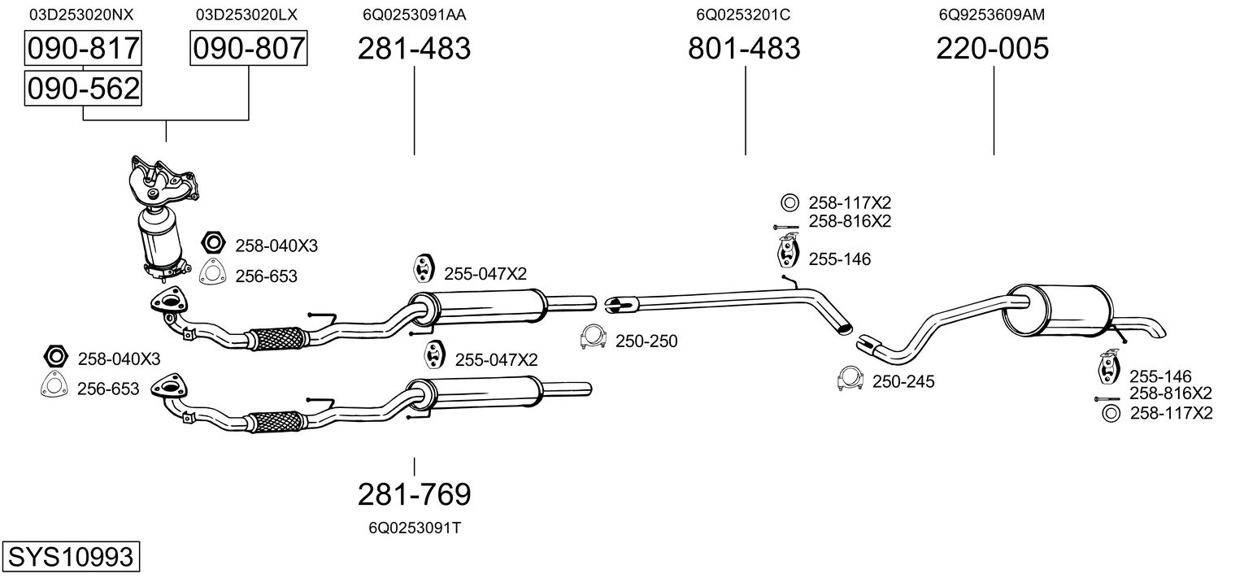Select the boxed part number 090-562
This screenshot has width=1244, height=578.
pos(83,88)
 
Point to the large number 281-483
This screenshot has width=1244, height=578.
pos(414,49)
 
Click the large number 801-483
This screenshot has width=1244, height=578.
pos(744,49)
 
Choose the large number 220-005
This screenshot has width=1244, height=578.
pos(992,49)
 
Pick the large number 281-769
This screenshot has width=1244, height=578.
pos(414,493)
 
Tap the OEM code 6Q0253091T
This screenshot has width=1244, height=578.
pos(414,528)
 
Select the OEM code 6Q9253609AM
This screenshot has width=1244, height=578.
pos(991,15)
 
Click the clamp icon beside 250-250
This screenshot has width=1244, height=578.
pos(592,337)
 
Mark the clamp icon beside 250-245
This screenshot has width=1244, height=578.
pos(850,378)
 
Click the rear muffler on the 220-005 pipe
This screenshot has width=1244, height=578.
pos(1055,310)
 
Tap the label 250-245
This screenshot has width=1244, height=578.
pos(903,381)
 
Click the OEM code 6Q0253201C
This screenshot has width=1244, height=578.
pos(743,15)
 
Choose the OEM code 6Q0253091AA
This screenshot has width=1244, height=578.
pos(414,15)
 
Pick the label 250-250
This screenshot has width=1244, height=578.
pos(646,341)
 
